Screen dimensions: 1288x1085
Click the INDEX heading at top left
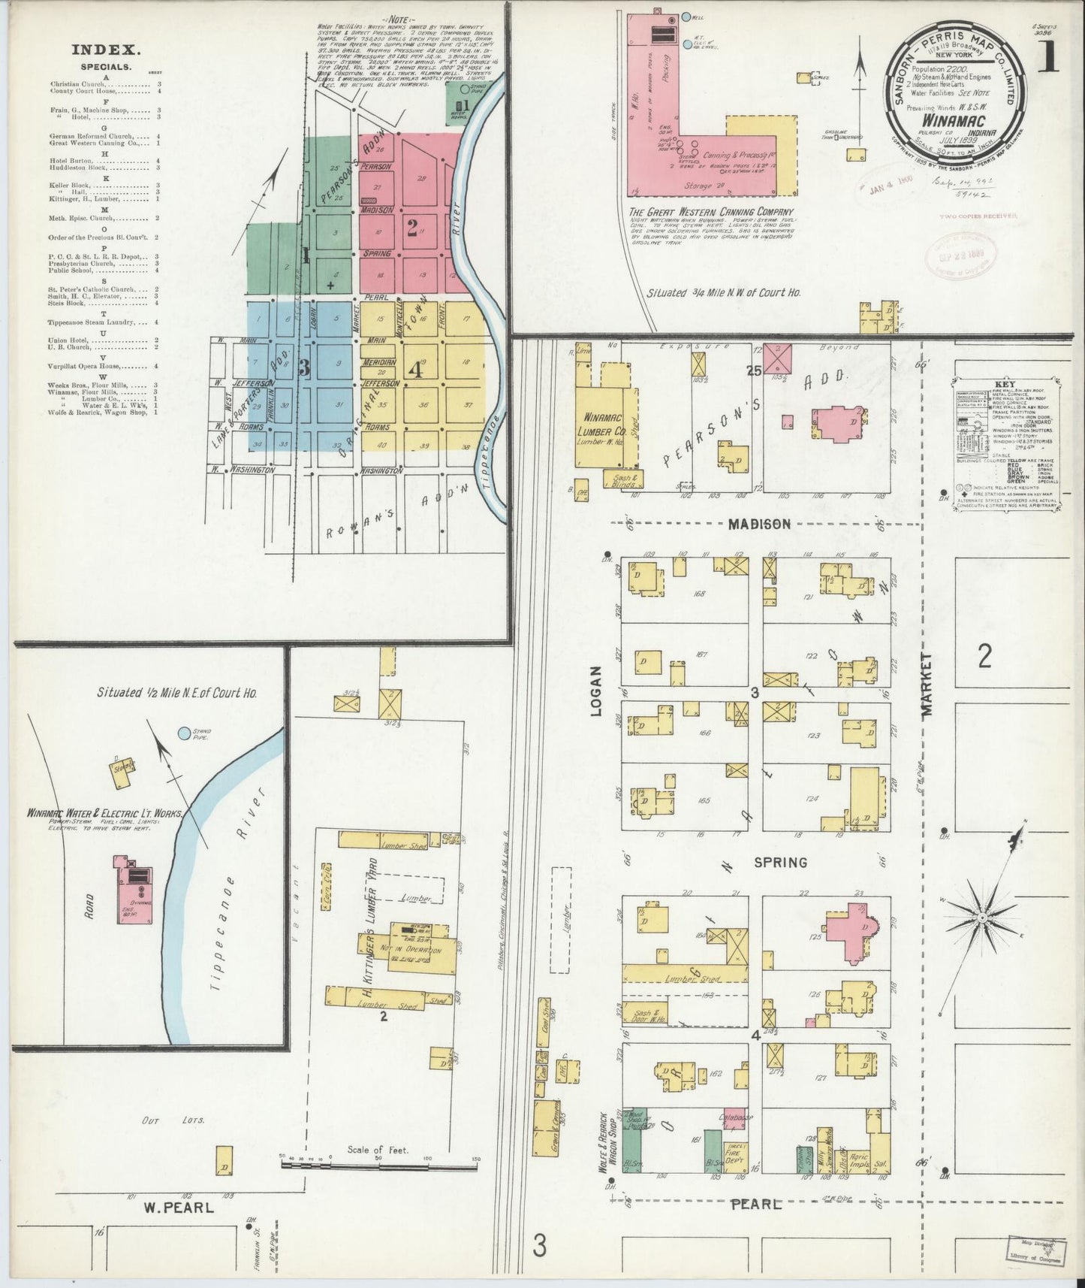click(x=107, y=50)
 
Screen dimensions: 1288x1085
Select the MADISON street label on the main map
click(x=759, y=524)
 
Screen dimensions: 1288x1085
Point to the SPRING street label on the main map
click(x=781, y=862)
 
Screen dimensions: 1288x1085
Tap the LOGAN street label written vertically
click(x=597, y=690)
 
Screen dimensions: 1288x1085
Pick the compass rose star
click(x=981, y=918)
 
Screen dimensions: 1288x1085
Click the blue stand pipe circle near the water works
click(x=184, y=732)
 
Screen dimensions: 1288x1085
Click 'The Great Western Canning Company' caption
click(x=711, y=211)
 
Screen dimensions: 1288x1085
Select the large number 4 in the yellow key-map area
click(x=415, y=370)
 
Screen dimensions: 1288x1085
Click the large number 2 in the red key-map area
click(x=412, y=226)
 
